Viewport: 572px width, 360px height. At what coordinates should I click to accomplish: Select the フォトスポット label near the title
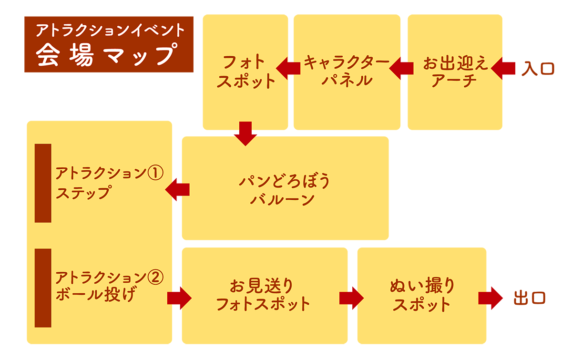pyautogui.click(x=245, y=72)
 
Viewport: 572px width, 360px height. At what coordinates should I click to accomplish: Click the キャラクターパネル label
pyautogui.click(x=346, y=71)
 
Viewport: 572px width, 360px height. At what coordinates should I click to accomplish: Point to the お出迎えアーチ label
pyautogui.click(x=455, y=72)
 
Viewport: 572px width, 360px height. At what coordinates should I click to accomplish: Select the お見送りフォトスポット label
pyautogui.click(x=263, y=295)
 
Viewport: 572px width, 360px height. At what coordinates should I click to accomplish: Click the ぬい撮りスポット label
pyautogui.click(x=422, y=295)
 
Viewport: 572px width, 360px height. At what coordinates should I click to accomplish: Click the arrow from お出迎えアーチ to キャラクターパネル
pyautogui.click(x=401, y=68)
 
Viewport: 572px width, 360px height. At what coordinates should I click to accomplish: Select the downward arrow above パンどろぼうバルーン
pyautogui.click(x=245, y=133)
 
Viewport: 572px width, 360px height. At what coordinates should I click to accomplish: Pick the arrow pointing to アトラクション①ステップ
pyautogui.click(x=177, y=189)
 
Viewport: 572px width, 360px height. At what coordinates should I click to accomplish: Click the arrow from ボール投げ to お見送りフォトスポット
pyautogui.click(x=179, y=298)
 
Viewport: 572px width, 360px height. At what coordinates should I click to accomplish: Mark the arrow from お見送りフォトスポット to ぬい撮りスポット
pyautogui.click(x=351, y=298)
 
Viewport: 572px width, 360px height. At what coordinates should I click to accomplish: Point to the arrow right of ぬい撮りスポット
pyautogui.click(x=492, y=298)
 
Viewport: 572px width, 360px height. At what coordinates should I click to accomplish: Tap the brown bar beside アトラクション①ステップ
pyautogui.click(x=43, y=183)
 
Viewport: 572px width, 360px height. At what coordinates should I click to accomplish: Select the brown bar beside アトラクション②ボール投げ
pyautogui.click(x=43, y=288)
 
